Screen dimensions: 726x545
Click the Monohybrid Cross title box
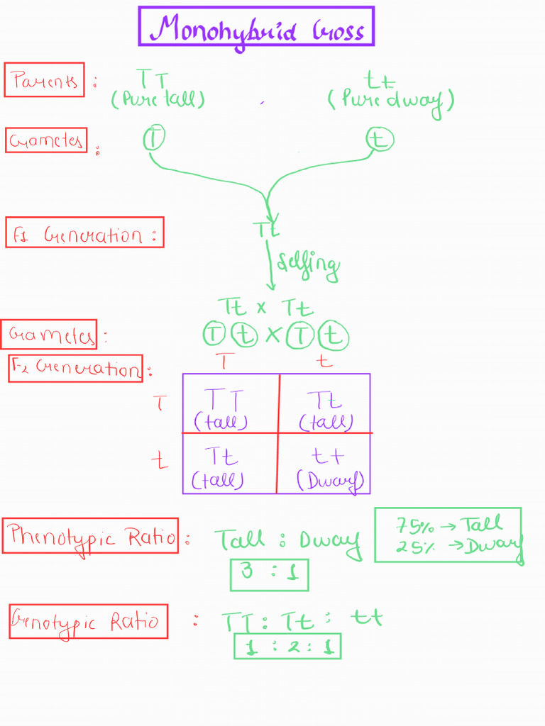click(256, 27)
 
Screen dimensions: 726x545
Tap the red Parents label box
click(44, 79)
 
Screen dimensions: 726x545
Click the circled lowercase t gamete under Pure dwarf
click(379, 139)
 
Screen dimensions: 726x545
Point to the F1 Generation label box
click(84, 233)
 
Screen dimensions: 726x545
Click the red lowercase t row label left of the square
click(160, 461)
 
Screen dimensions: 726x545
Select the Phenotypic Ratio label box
click(90, 536)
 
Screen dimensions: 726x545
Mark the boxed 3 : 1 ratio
click(269, 574)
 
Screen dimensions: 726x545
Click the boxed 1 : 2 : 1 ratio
click(287, 646)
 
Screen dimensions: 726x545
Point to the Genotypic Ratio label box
click(88, 622)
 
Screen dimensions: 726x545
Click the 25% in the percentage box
click(411, 546)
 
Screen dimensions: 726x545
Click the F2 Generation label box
click(75, 368)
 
